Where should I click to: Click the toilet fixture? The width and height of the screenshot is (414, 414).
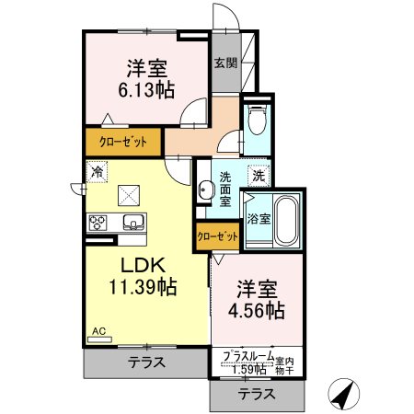(258, 119)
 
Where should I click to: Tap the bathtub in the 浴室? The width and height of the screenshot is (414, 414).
(287, 220)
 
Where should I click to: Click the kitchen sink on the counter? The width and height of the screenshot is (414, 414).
(133, 222)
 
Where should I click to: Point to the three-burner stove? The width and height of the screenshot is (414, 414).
(98, 223)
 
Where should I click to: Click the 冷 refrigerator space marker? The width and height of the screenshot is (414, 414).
(97, 171)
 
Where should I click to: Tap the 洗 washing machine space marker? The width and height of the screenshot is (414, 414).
(259, 176)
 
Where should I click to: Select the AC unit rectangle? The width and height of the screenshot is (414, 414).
(100, 339)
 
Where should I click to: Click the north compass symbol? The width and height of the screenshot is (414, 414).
(343, 394)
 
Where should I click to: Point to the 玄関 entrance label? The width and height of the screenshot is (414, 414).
(226, 63)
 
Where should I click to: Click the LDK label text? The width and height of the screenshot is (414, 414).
(144, 265)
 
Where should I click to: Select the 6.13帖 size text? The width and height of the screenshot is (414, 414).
(146, 90)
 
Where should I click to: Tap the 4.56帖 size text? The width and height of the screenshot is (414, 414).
(257, 310)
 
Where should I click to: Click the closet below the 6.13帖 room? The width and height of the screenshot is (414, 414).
(123, 142)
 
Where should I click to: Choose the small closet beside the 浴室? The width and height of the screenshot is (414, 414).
(217, 236)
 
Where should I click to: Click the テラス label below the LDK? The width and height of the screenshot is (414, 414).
(146, 362)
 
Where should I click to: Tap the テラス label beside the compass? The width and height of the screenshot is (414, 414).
(257, 394)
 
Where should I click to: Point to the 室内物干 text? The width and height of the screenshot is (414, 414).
(284, 366)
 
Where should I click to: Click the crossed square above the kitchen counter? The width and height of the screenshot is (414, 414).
(129, 195)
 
